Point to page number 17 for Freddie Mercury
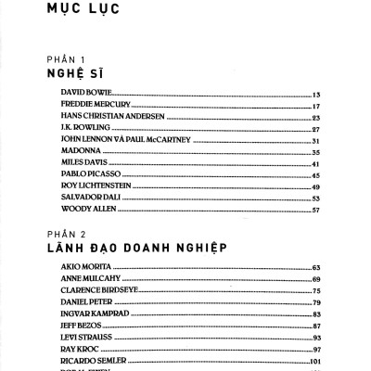tap(316, 107)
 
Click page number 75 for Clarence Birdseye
tap(316, 290)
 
